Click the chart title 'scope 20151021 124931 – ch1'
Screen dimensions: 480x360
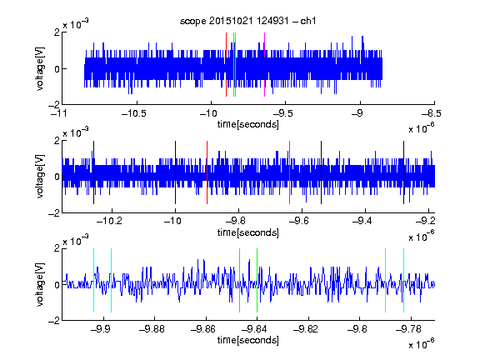coord(247,21)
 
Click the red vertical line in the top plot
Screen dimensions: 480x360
coord(226,65)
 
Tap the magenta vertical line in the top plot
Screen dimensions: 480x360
coord(264,65)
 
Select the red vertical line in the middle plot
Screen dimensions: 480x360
coord(207,172)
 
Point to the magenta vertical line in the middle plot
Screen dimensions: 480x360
coord(290,172)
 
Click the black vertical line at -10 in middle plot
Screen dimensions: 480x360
coord(175,172)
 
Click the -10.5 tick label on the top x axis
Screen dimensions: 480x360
coord(134,114)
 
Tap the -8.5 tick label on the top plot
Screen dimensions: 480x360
coord(432,114)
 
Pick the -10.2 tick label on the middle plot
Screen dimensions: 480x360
coord(109,221)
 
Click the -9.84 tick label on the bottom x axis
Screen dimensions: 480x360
coord(254,329)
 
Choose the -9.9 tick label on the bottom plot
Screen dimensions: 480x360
coord(100,329)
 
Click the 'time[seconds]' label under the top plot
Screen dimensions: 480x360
coord(248,124)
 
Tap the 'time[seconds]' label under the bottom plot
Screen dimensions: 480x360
coord(248,340)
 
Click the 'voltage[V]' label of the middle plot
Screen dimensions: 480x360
coord(40,177)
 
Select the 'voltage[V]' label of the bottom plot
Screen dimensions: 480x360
coord(40,285)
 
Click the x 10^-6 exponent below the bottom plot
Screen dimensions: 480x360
coord(422,344)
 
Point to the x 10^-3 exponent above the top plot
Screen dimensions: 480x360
coord(76,23)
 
